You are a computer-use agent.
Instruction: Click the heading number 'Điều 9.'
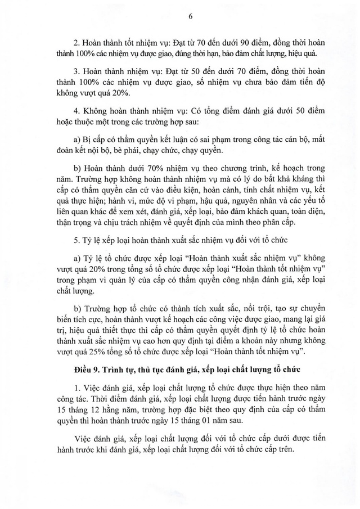pyautogui.click(x=87, y=372)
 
